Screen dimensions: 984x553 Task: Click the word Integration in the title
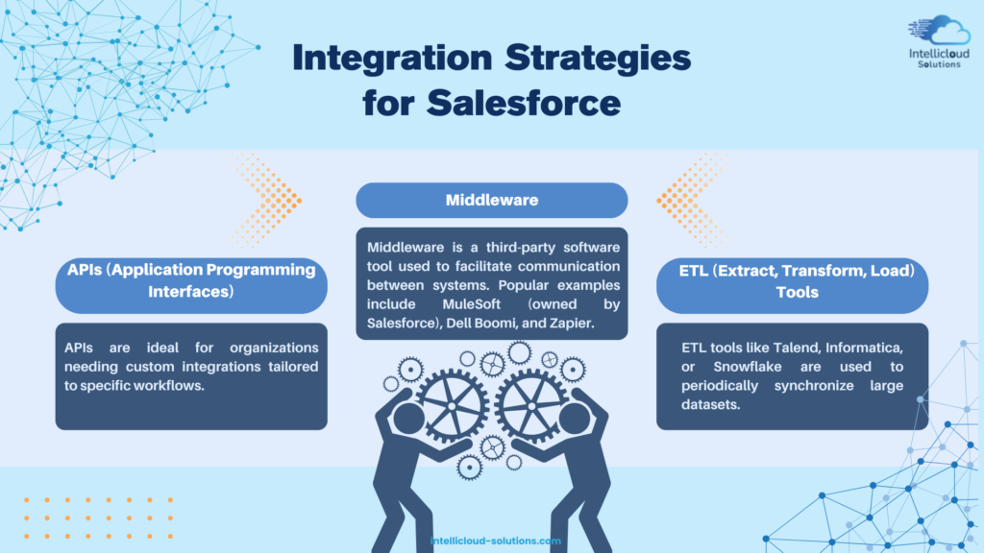coord(392,59)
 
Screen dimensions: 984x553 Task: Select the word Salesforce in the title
coord(524,103)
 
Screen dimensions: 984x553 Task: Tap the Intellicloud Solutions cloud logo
coord(940,41)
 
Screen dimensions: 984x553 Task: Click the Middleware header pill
coord(491,200)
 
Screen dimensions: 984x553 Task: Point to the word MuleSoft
coord(471,304)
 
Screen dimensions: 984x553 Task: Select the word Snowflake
coord(748,367)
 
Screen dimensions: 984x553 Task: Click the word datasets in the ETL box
coord(711,404)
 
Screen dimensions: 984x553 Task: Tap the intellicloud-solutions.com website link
coord(496,541)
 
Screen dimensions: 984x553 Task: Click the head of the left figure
coord(408,419)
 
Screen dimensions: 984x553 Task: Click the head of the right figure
coord(575,419)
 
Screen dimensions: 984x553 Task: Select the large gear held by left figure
coord(453,407)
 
